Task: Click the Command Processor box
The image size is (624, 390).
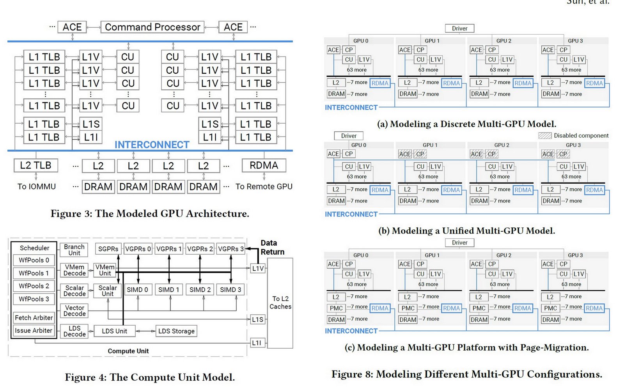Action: click(x=152, y=27)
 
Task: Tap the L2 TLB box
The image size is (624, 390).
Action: click(x=35, y=165)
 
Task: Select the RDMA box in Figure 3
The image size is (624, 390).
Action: click(x=264, y=165)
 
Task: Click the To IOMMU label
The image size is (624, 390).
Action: click(x=37, y=186)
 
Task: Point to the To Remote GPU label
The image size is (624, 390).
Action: click(x=264, y=186)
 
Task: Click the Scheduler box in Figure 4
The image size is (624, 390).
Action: click(x=34, y=248)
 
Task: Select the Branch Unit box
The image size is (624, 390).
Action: click(x=74, y=250)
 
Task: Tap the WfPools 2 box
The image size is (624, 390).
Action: click(x=34, y=286)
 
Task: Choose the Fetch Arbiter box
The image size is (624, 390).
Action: click(x=34, y=317)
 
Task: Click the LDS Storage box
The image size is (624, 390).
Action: click(x=176, y=331)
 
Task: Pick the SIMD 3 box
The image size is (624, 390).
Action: click(x=230, y=289)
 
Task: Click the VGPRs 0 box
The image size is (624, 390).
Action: click(x=138, y=249)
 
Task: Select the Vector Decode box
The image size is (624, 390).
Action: click(x=74, y=310)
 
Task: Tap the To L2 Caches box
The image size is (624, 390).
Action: click(x=280, y=303)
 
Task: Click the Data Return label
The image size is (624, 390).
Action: click(x=272, y=247)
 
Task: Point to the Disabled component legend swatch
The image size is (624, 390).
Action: click(x=545, y=136)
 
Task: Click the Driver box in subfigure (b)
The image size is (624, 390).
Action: click(x=349, y=136)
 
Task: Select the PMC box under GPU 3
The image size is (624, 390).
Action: click(x=550, y=308)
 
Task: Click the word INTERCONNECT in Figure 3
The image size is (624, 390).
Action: click(x=152, y=145)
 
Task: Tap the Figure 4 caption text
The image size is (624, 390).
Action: click(x=150, y=377)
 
